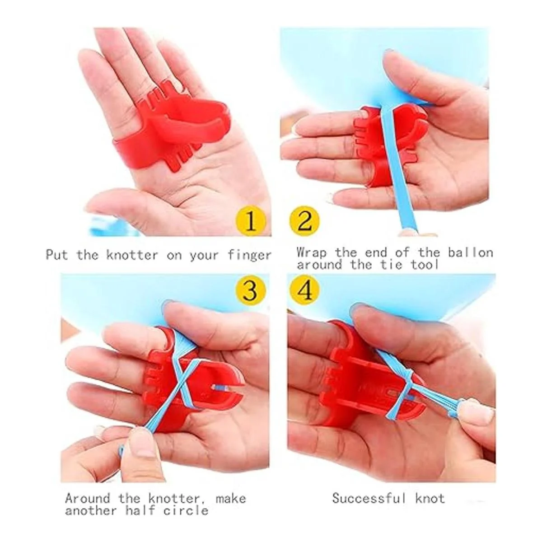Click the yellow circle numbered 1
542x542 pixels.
[251, 221]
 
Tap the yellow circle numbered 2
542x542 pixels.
[304, 221]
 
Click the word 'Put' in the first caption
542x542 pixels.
[56, 255]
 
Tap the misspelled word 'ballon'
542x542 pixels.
[470, 252]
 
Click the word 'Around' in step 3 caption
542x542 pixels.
[88, 482]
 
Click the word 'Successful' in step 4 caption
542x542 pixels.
[369, 482]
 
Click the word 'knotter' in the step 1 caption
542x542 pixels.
[132, 255]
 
